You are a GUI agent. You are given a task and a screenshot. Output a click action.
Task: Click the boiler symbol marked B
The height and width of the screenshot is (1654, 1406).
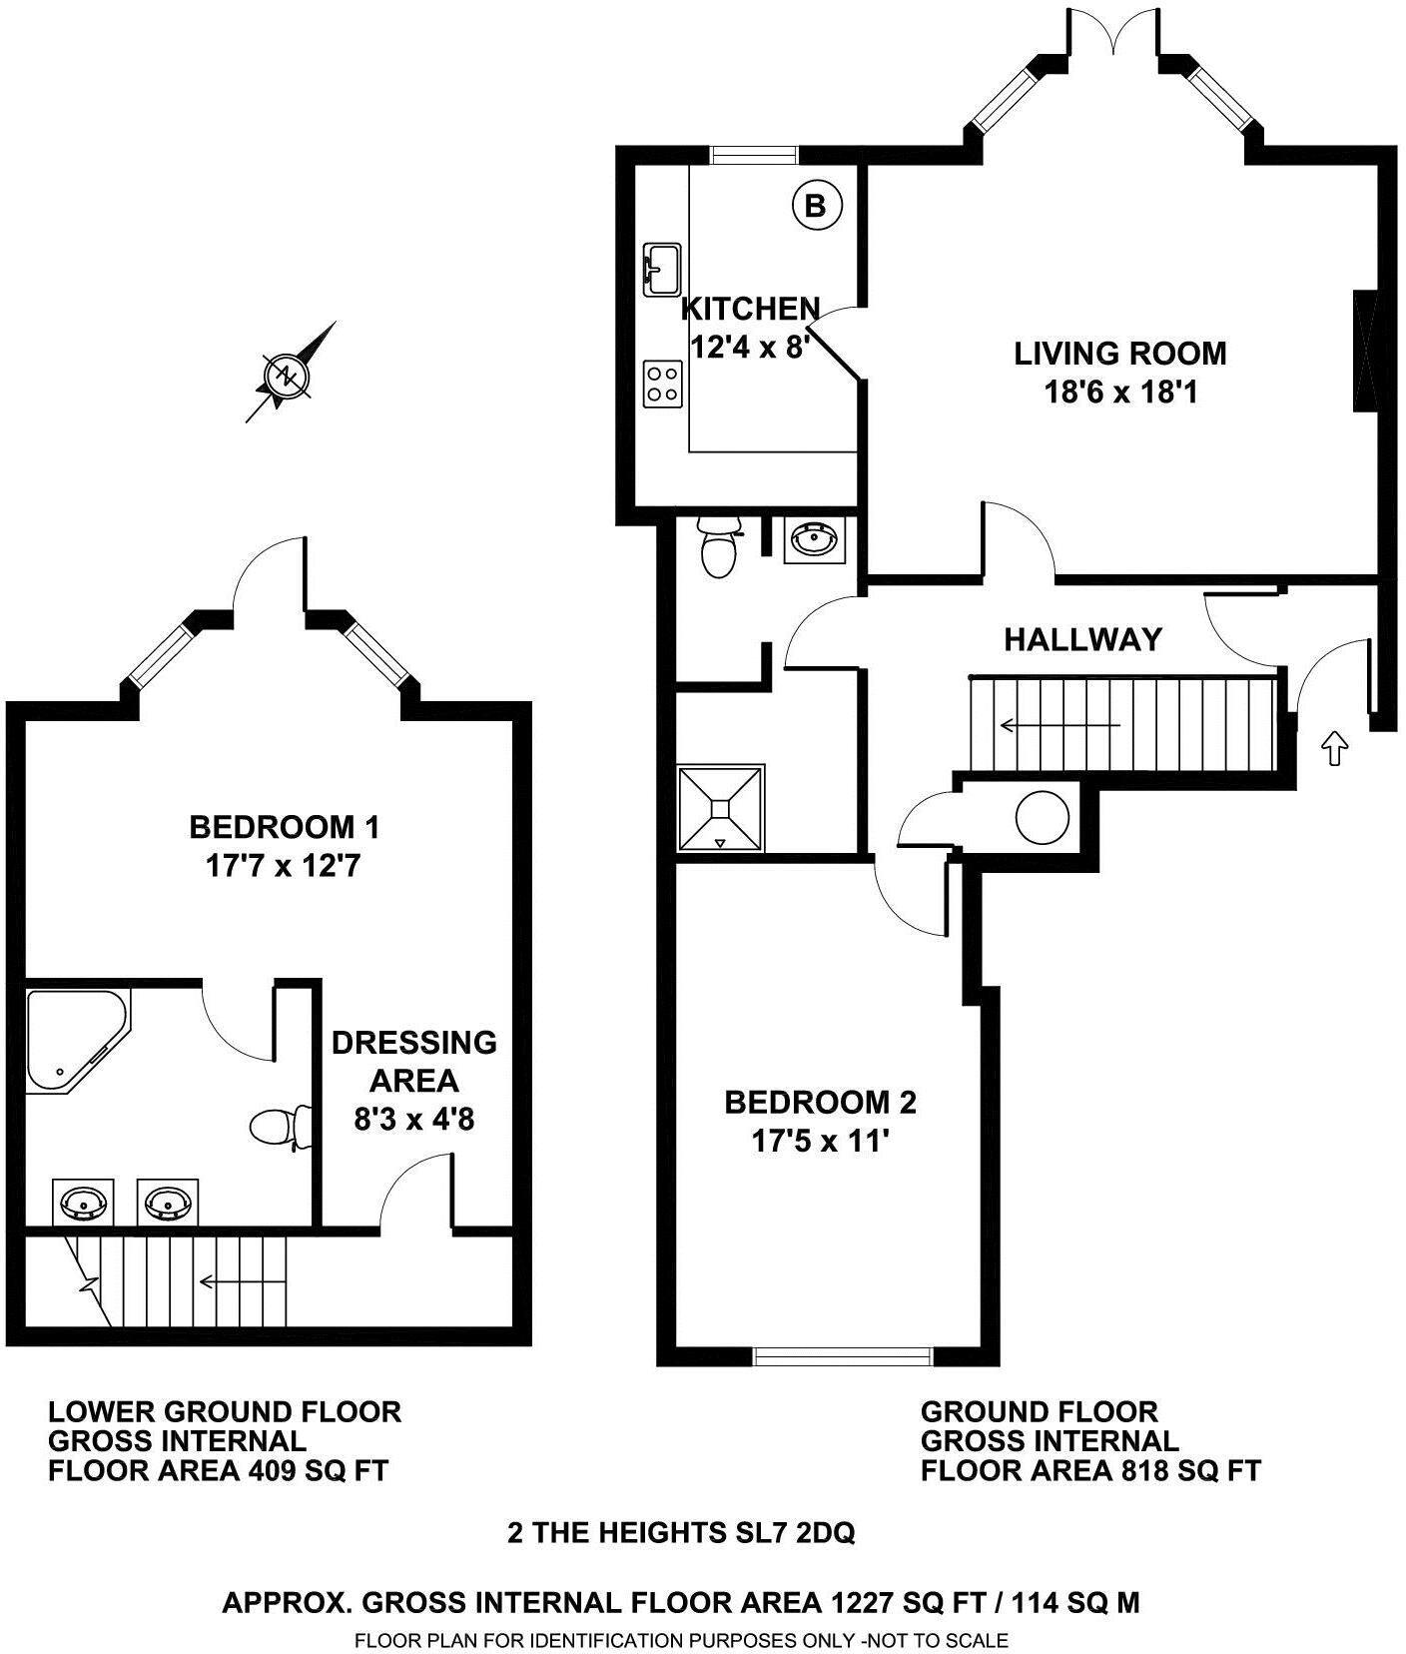(x=816, y=206)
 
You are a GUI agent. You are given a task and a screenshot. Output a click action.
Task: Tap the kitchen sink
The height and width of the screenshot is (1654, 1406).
(x=661, y=269)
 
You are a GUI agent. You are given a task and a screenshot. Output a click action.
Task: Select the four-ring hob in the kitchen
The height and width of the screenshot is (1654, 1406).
(x=662, y=384)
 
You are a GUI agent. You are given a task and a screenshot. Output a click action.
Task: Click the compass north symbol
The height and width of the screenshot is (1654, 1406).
(x=287, y=376)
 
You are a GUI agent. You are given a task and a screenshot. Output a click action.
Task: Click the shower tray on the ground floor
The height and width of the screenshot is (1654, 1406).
(x=721, y=807)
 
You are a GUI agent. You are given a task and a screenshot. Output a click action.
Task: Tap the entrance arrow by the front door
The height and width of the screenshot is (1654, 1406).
(x=1333, y=747)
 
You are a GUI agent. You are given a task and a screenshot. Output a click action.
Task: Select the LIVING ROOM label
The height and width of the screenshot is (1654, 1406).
(x=1119, y=354)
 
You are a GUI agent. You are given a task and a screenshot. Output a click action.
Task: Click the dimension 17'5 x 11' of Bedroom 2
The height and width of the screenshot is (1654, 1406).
(x=820, y=1141)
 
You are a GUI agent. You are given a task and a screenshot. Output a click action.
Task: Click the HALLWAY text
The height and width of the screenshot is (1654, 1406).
(x=1082, y=639)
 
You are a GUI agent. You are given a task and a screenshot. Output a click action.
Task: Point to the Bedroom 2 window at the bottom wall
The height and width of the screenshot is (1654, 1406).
(x=843, y=1355)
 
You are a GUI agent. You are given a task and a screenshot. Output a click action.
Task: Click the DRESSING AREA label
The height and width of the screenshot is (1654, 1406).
(x=413, y=1061)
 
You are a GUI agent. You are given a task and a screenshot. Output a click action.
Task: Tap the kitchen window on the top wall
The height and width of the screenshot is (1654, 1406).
(x=754, y=155)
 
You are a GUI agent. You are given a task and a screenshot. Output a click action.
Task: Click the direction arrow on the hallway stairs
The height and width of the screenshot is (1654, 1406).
(x=1058, y=725)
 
